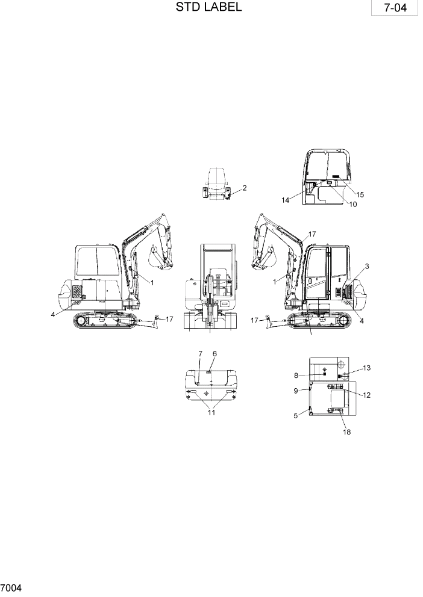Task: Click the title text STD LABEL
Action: point(209,8)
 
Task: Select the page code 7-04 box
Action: point(393,10)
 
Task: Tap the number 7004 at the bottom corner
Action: point(11,587)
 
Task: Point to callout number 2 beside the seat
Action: point(245,188)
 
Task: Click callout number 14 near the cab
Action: point(286,200)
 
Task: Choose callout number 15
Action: point(360,194)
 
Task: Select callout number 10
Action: point(352,205)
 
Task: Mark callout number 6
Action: point(214,353)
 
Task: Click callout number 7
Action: point(200,353)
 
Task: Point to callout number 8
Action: point(296,376)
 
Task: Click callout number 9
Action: point(296,391)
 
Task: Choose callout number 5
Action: point(296,415)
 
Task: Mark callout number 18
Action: point(346,432)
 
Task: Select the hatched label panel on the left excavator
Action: point(77,292)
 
